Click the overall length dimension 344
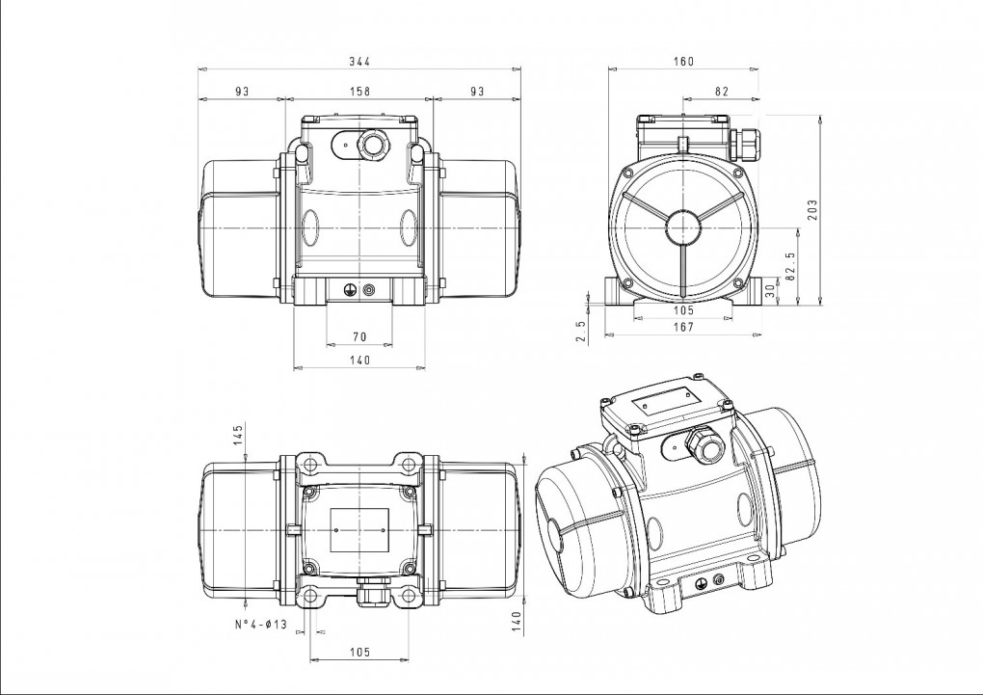click(359, 61)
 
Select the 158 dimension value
click(359, 91)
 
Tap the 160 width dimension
click(684, 61)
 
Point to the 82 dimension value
click(722, 91)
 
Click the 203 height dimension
click(812, 210)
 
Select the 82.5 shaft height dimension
click(790, 266)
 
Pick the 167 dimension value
click(684, 327)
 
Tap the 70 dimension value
click(359, 336)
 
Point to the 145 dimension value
click(238, 435)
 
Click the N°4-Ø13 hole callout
click(261, 624)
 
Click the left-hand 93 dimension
click(242, 91)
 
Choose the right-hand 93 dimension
click(477, 91)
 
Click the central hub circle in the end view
click(682, 227)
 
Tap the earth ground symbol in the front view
click(349, 289)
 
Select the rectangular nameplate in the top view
click(359, 530)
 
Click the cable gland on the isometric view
click(704, 444)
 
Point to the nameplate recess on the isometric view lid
click(666, 400)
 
